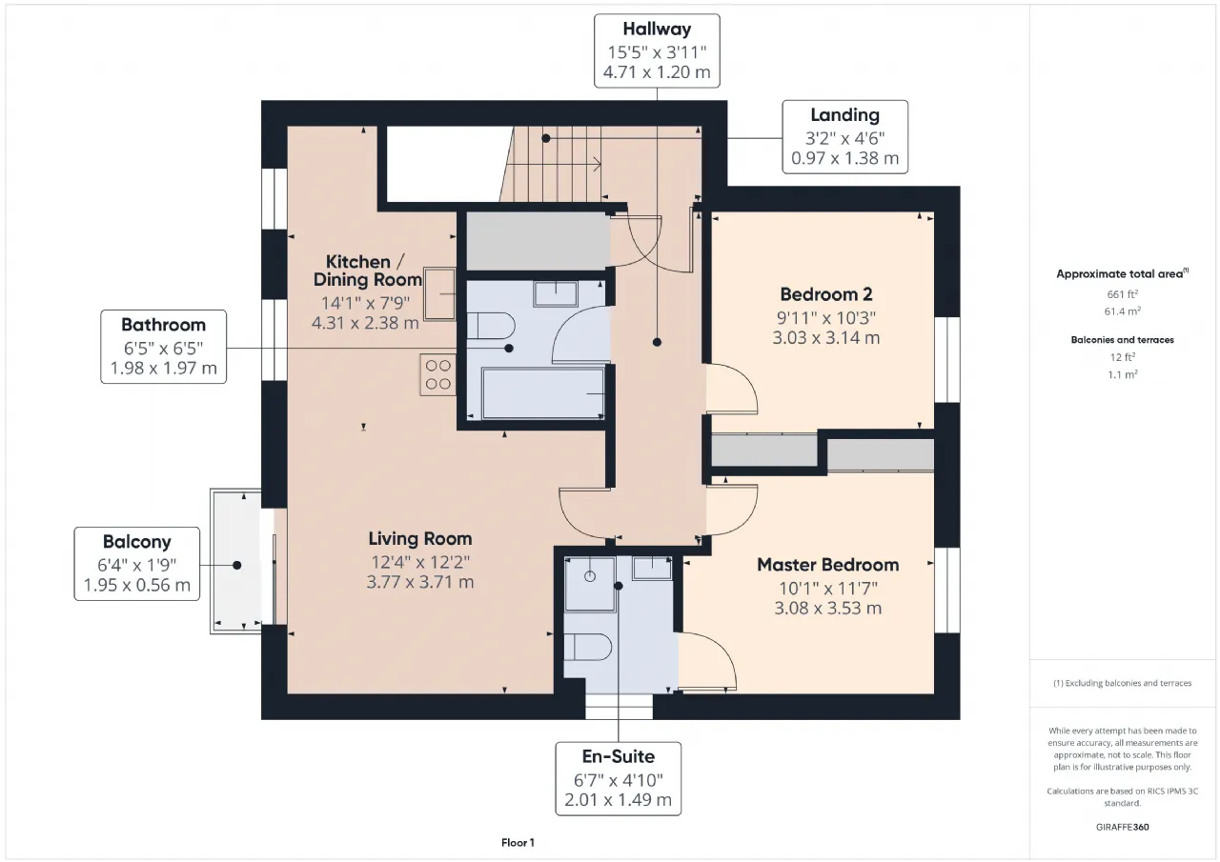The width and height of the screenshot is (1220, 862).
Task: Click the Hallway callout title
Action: [x=657, y=29]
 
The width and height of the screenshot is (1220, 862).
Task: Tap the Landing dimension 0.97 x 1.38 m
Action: [x=844, y=158]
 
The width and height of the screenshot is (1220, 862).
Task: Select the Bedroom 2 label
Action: [x=826, y=294]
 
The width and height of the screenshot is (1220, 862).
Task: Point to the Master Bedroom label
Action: [x=828, y=565]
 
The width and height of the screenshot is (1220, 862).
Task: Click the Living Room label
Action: [x=420, y=539]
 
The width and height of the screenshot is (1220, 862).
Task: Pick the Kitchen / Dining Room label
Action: [x=367, y=271]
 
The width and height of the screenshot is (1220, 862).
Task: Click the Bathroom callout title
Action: [x=163, y=325]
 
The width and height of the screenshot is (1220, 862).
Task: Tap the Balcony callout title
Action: [x=136, y=542]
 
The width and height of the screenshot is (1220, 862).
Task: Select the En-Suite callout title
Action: [x=619, y=756]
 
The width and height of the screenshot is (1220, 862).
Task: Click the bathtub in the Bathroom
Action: [x=543, y=393]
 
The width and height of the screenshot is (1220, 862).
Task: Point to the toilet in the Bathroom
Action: [x=490, y=326]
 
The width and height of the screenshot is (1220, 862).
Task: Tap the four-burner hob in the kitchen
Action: [x=437, y=374]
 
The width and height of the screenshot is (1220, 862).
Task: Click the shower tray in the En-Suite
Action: [x=590, y=583]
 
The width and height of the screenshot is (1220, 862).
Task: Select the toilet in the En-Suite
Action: [x=587, y=647]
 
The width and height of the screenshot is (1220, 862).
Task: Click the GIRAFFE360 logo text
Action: [x=1123, y=827]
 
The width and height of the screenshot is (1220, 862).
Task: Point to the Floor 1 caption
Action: [x=518, y=843]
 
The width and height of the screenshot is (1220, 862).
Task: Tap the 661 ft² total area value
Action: [x=1123, y=294]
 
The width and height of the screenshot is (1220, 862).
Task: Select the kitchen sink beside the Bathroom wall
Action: [x=439, y=294]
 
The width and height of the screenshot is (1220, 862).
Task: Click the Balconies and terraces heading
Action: [x=1123, y=340]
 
